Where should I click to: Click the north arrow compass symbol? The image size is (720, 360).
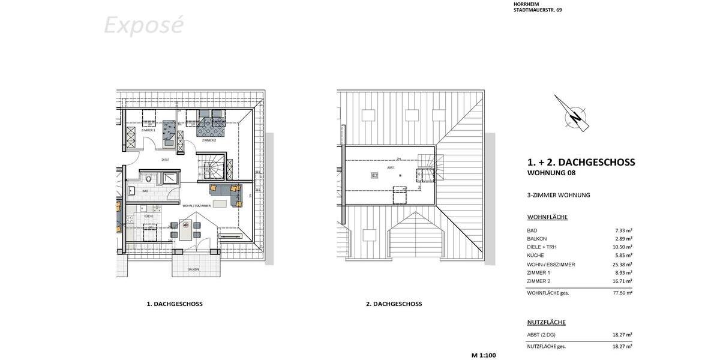coord(573,113)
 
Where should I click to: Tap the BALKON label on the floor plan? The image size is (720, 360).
coord(193,269)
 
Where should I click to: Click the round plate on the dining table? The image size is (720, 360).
coord(186,226)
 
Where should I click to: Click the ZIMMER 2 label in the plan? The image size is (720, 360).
coord(208,140)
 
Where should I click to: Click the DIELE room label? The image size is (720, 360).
coord(165,160)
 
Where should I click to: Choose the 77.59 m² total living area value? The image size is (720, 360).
coord(623,293)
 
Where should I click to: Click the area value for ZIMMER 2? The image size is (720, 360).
coord(623,281)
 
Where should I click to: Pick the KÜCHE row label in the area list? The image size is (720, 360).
coord(536,256)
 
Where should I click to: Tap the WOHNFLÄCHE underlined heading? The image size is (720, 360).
coord(547,217)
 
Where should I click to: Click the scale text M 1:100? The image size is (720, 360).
coord(484,355)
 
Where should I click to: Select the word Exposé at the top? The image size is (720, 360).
coord(143,26)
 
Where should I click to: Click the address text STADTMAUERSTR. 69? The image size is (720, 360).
coord(538,10)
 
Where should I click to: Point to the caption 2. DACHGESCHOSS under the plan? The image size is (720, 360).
coord(394,304)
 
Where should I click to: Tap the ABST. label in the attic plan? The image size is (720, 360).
coord(391,168)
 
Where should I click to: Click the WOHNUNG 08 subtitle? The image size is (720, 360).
coord(551,173)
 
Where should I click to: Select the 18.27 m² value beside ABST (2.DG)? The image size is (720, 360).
coord(623,335)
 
